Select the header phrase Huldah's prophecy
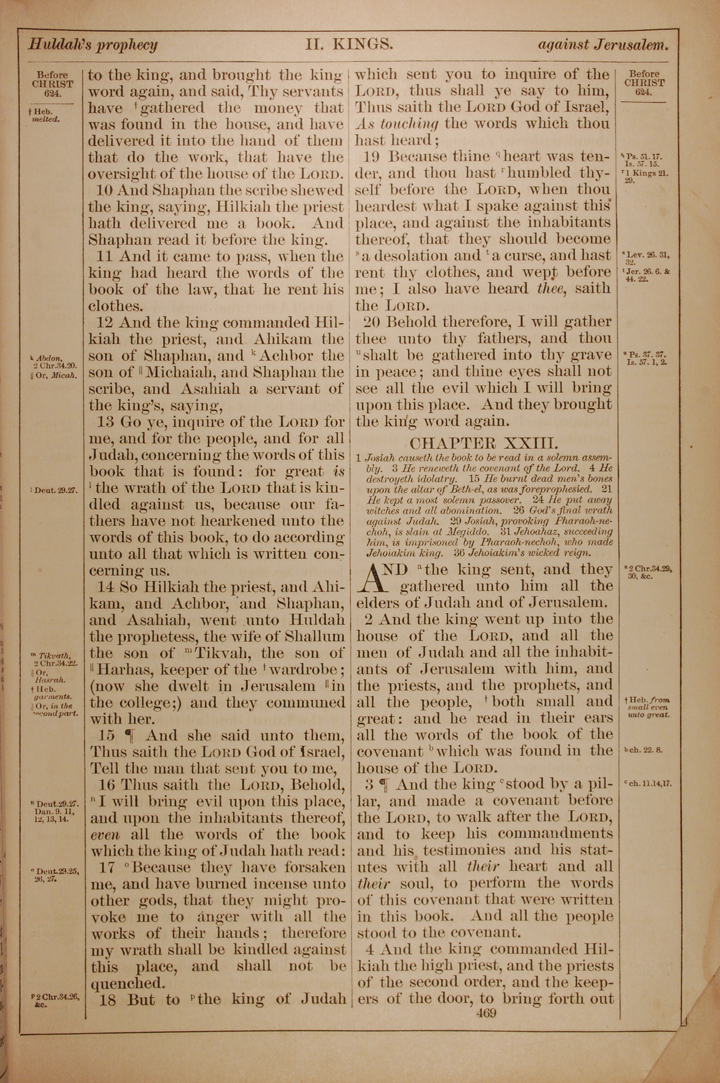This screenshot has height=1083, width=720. tap(93, 45)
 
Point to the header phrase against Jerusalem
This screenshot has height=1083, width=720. tap(603, 45)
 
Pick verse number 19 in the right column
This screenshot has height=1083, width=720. tap(372, 157)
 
